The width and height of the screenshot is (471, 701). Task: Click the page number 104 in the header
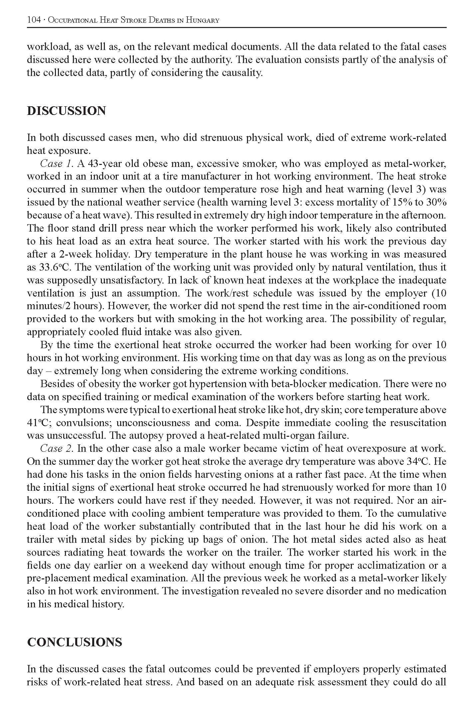click(33, 20)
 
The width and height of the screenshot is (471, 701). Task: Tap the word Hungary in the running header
click(202, 20)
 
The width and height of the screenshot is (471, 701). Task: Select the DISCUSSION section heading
click(66, 111)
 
